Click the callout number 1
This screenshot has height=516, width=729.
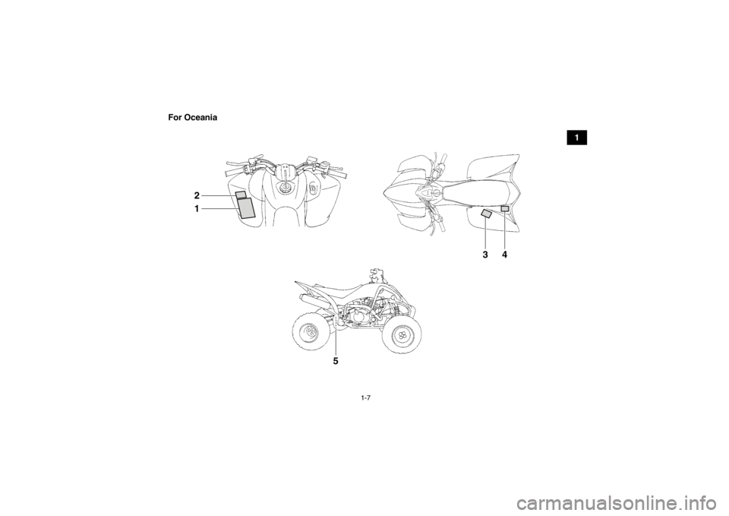pos(197,209)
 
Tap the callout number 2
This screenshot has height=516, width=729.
pos(197,195)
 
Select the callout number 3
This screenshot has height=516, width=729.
pos(485,255)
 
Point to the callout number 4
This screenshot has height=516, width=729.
pos(504,255)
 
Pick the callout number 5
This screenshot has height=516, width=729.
pos(336,361)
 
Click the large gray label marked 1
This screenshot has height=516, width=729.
pos(246,207)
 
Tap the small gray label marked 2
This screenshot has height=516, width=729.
pos(241,194)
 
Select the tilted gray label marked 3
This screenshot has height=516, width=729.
pos(486,214)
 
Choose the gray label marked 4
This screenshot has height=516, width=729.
pos(504,208)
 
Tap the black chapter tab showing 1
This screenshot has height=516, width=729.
pos(576,138)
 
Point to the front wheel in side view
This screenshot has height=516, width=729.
pos(402,336)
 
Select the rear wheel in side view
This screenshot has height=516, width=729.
pos(311,332)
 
